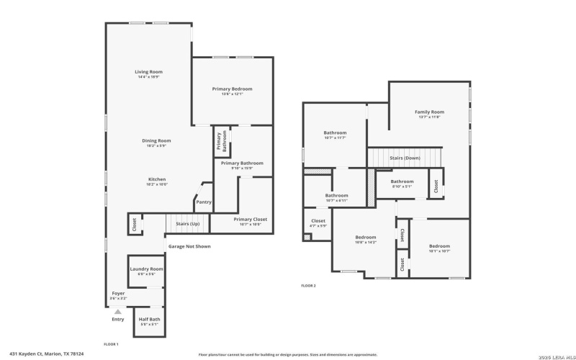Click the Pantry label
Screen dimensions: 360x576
pos(204,202)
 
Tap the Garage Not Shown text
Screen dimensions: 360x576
pos(189,246)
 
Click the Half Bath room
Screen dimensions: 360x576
pos(149,321)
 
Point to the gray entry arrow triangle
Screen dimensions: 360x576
pos(118,311)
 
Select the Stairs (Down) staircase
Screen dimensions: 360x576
pos(405,157)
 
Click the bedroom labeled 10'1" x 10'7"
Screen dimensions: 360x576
pos(440,248)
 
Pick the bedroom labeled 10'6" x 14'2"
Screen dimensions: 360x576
pos(366,240)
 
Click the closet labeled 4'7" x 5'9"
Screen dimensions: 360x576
pos(318,223)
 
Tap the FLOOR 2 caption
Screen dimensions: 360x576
pos(308,286)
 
